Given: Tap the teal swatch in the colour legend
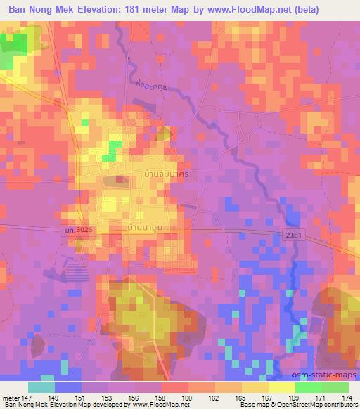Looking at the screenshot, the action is (41, 387).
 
